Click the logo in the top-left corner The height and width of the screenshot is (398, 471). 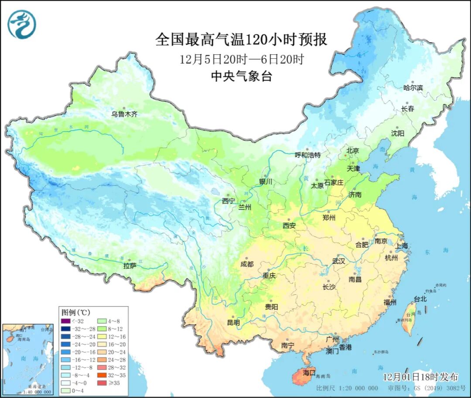pos(21,24)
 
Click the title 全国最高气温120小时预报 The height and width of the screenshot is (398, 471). pos(241,40)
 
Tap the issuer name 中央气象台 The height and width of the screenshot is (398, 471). pos(241,77)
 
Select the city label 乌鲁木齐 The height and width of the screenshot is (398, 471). pos(124,114)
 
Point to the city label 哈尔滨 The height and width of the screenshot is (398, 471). pos(413,88)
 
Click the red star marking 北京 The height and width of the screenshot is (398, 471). pos(346,155)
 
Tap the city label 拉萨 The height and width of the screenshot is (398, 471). pos(130,265)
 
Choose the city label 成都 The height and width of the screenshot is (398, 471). pos(247,264)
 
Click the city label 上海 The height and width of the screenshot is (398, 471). pos(402,246)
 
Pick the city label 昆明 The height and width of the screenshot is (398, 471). pos(233,323)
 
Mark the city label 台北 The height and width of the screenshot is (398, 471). pos(420,299)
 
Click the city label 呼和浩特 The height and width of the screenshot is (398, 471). pos(307,155)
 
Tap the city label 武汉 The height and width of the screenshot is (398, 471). pos(338,261)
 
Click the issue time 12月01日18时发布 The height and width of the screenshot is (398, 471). pos(420,376)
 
